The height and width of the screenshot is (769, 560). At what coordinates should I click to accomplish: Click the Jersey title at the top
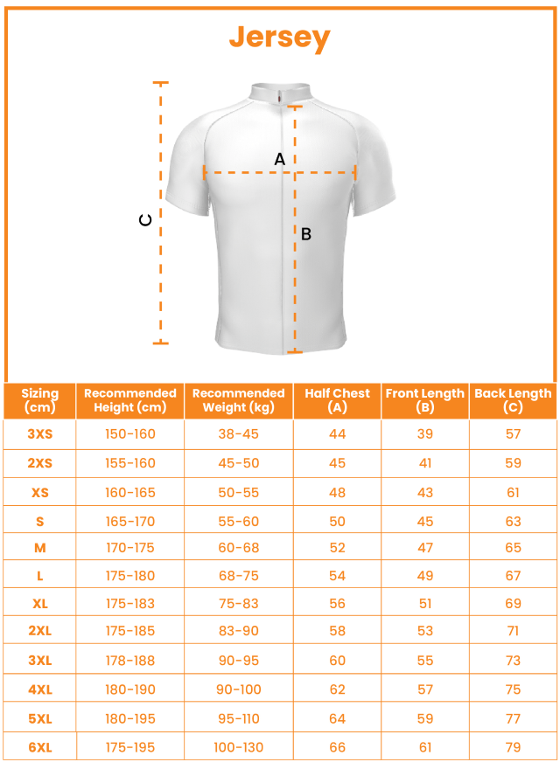[280, 38]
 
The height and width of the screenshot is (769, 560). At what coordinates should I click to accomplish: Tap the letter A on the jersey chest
[280, 159]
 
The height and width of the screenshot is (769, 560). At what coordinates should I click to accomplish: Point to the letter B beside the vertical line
[306, 234]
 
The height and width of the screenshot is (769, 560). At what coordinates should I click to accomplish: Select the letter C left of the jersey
[146, 220]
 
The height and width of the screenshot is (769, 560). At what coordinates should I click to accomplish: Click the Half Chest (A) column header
[338, 400]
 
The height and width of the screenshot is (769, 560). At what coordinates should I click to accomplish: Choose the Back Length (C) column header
[513, 400]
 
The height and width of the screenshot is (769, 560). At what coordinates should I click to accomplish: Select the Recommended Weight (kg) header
[239, 400]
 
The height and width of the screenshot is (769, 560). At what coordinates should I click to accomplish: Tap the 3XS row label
[40, 434]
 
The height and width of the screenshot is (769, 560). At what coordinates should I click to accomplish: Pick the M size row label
[40, 548]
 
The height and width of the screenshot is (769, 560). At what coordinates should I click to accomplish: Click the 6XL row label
[40, 747]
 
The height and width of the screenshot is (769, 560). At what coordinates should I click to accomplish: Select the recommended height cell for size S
[130, 522]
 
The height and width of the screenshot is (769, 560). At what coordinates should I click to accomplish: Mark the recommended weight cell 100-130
[239, 747]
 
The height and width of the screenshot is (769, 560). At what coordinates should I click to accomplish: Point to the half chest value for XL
[338, 604]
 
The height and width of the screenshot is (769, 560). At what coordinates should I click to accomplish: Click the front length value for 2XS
[425, 463]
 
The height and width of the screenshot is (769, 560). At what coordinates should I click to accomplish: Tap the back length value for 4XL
[513, 689]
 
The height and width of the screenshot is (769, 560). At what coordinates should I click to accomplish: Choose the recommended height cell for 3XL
[130, 661]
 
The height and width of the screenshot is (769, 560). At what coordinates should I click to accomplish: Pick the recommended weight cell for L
[239, 576]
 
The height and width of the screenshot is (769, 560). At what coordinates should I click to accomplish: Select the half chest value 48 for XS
[338, 493]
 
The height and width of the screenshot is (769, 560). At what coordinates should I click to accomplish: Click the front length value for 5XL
[425, 718]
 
